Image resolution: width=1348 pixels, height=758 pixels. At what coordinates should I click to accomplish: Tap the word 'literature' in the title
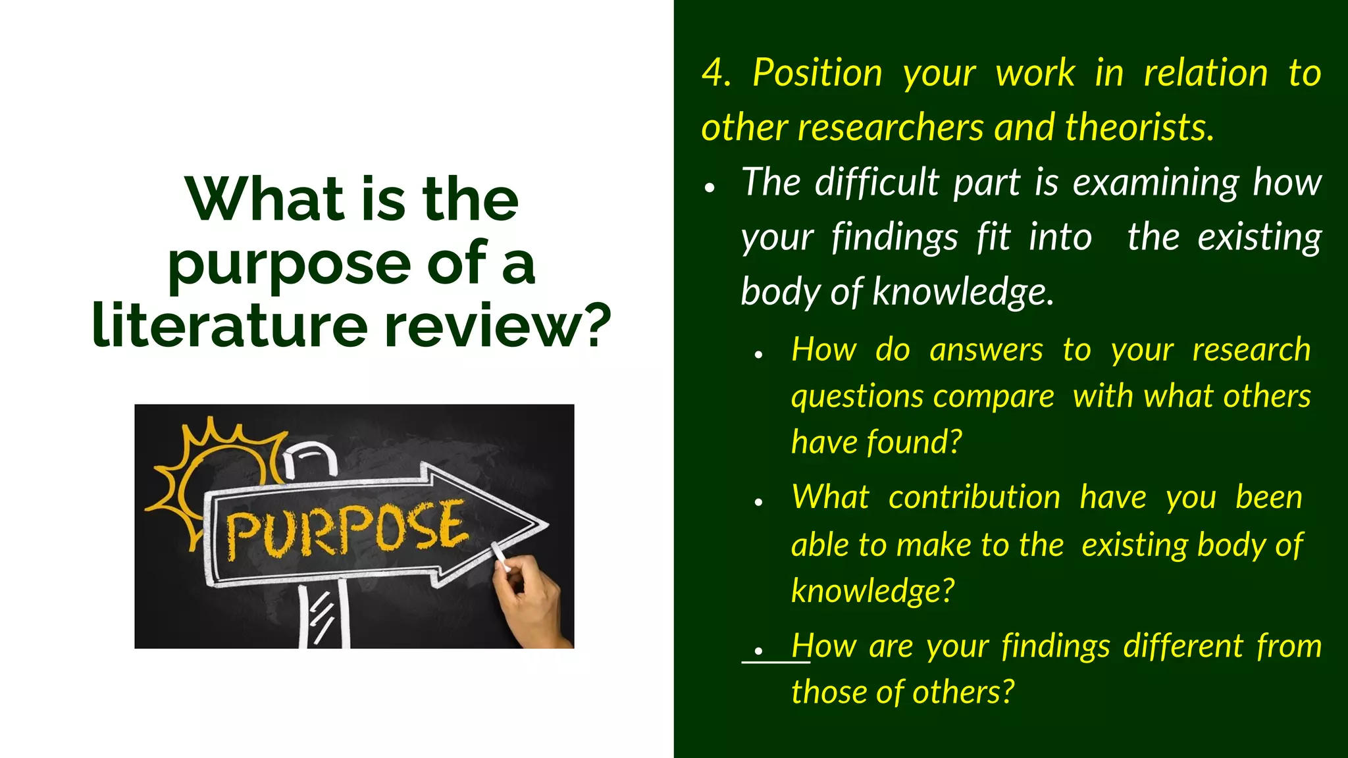(230, 325)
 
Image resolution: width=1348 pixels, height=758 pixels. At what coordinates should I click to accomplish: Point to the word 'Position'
(817, 72)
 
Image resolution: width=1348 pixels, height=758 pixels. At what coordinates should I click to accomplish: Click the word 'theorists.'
(1139, 127)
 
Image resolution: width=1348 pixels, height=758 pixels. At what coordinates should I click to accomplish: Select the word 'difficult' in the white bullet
(877, 182)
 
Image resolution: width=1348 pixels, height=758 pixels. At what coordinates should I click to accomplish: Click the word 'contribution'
(974, 497)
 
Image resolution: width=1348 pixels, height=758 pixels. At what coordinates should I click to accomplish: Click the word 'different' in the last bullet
(1183, 646)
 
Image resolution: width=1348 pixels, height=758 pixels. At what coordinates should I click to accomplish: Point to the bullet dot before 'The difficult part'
(709, 188)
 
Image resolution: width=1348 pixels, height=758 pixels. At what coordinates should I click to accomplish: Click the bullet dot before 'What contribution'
(759, 502)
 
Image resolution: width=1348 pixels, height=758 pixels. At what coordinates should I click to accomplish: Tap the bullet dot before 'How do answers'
(759, 355)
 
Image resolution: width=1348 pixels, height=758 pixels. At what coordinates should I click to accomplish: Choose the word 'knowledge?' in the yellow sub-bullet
(872, 591)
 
